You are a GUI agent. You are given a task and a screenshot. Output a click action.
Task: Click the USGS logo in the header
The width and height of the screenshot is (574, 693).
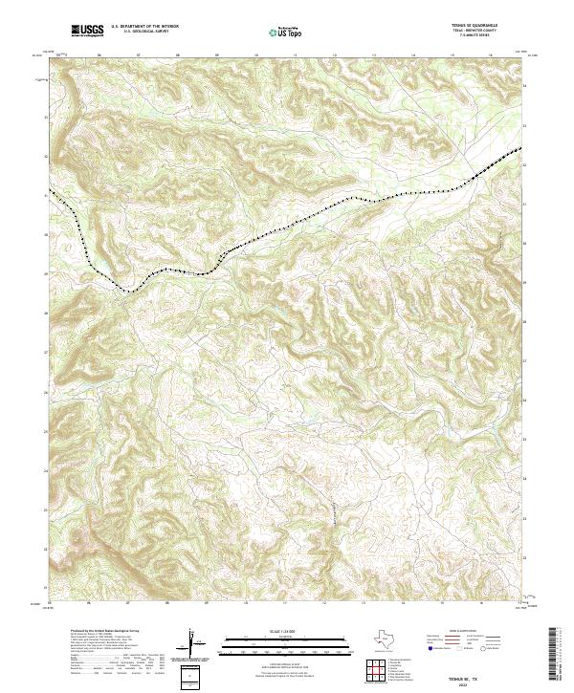[x=87, y=32]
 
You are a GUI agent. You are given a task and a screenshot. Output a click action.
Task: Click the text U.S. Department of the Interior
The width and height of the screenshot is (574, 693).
[x=144, y=28]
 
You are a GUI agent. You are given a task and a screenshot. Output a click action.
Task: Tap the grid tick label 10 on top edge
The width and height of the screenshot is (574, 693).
[x=256, y=54]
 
